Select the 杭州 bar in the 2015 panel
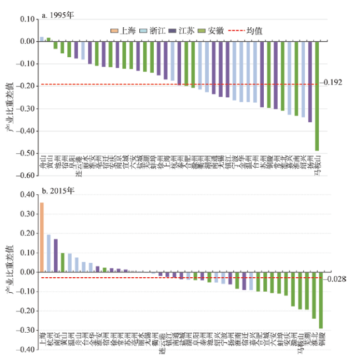49,253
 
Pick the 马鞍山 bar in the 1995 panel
317,96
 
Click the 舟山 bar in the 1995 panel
42,39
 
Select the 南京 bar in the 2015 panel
56,256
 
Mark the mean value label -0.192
331,83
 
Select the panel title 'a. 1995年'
58,16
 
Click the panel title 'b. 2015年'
58,191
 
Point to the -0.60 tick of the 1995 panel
24,176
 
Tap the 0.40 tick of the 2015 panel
26,195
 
